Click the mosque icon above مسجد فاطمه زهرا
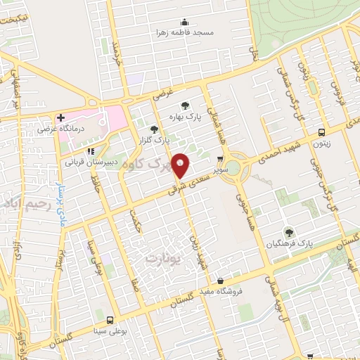(x=186, y=21)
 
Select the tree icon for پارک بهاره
(x=185, y=105)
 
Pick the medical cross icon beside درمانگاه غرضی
(x=61, y=117)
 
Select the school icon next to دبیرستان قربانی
(x=90, y=150)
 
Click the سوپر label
(x=221, y=170)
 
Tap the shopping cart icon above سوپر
(x=221, y=159)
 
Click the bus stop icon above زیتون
(x=322, y=131)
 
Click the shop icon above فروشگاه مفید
(x=221, y=281)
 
